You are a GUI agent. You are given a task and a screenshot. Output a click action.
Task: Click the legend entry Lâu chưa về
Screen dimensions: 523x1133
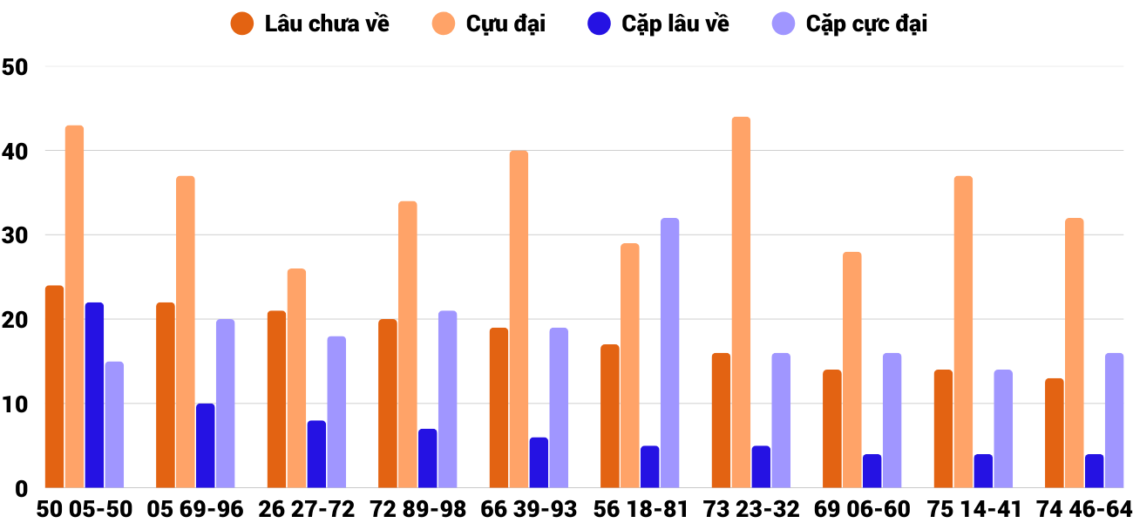tap(310, 24)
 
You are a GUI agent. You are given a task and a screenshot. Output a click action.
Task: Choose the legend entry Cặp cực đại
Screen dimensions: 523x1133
tap(850, 24)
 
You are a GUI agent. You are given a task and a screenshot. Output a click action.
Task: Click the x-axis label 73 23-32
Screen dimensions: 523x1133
tap(750, 509)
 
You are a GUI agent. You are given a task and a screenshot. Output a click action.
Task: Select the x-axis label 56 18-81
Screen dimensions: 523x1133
tap(640, 509)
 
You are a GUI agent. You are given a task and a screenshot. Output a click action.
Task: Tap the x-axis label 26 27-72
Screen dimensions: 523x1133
tap(306, 509)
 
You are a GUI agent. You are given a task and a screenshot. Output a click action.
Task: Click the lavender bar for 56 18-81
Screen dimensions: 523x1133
tap(669, 353)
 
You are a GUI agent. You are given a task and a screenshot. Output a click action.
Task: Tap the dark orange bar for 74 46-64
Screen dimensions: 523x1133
tap(1054, 433)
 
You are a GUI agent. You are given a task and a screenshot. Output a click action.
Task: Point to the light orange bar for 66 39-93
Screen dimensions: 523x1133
tap(519, 319)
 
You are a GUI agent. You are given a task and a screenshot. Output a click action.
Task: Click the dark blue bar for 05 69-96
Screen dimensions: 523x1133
tap(205, 445)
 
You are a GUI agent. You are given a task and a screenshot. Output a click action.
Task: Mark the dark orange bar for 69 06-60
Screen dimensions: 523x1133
tap(831, 429)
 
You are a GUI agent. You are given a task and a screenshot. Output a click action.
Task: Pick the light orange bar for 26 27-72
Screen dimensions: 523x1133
tap(296, 378)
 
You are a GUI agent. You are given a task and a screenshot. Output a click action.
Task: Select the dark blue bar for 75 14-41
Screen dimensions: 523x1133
tap(983, 471)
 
